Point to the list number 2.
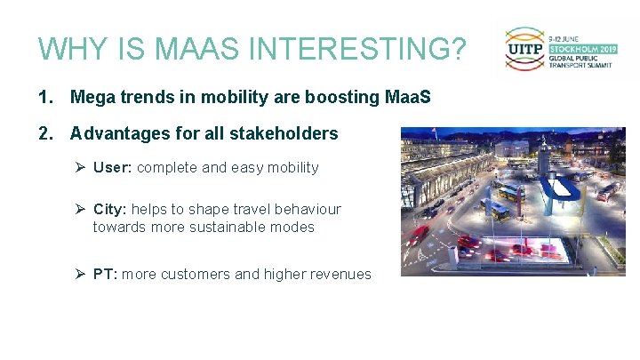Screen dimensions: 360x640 (x=44, y=133)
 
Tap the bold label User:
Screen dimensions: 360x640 (x=113, y=167)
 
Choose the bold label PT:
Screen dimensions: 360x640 (x=105, y=274)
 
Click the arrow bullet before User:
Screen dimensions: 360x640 (x=79, y=167)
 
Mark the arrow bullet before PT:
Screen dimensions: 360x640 (x=79, y=274)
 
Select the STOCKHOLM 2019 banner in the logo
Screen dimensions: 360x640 (x=581, y=50)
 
